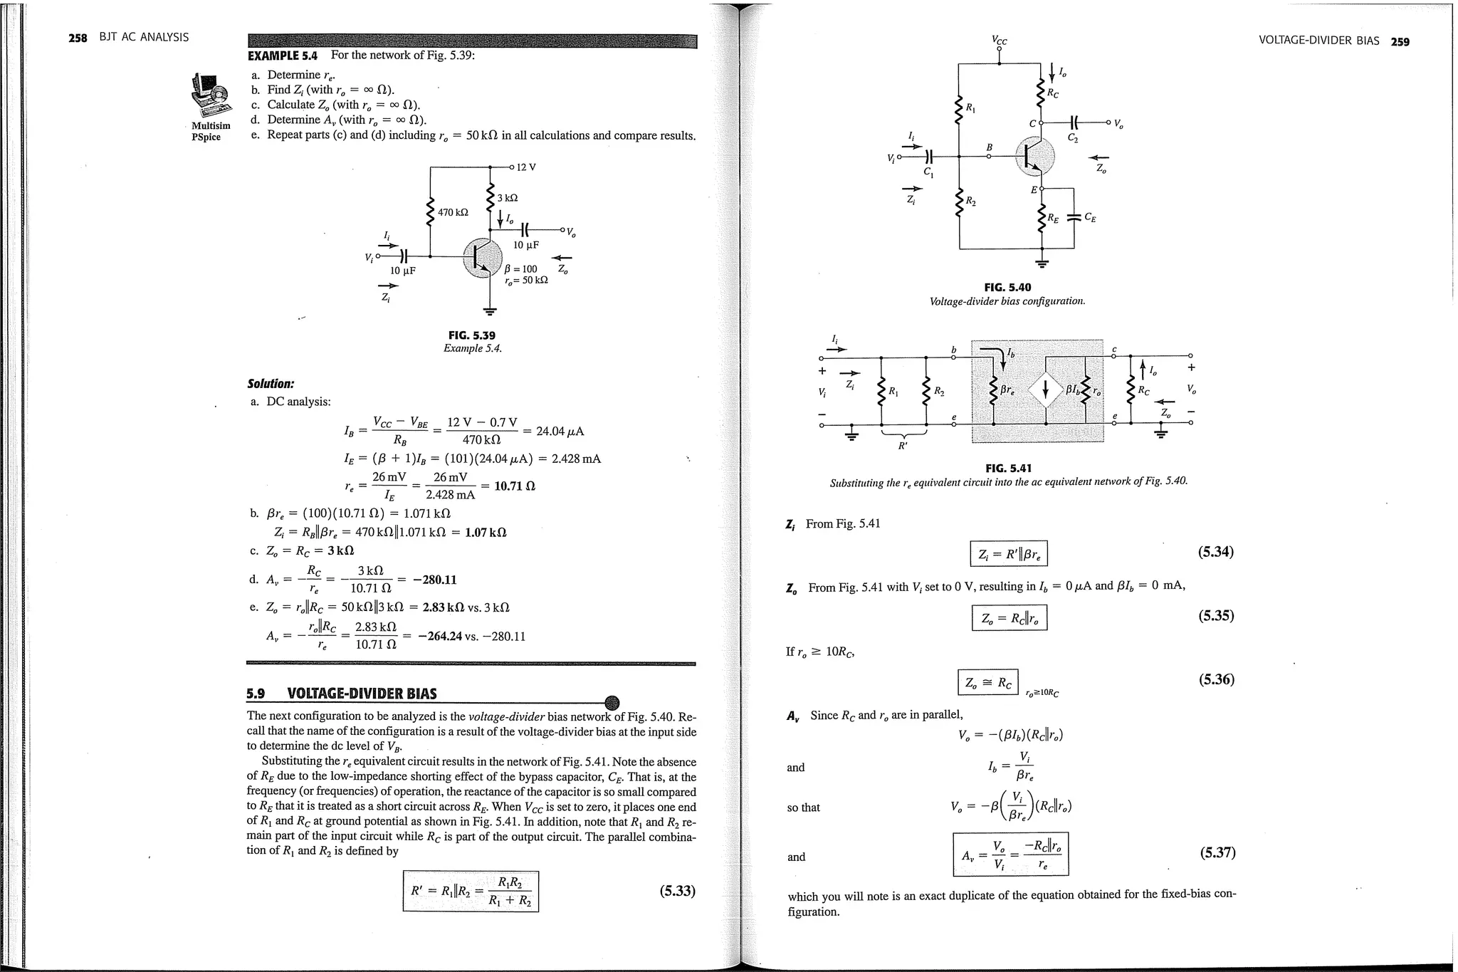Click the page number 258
tap(77, 38)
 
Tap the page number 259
tap(1400, 41)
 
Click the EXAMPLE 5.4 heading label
tap(282, 56)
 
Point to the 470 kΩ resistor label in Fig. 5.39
tap(453, 212)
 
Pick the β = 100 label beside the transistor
tap(520, 269)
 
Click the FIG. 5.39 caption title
tap(471, 335)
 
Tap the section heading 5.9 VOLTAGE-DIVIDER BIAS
tap(341, 694)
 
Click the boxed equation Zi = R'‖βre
tap(1008, 555)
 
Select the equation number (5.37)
tap(1217, 852)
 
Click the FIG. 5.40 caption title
tap(1007, 288)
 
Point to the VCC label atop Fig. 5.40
tap(1000, 41)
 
